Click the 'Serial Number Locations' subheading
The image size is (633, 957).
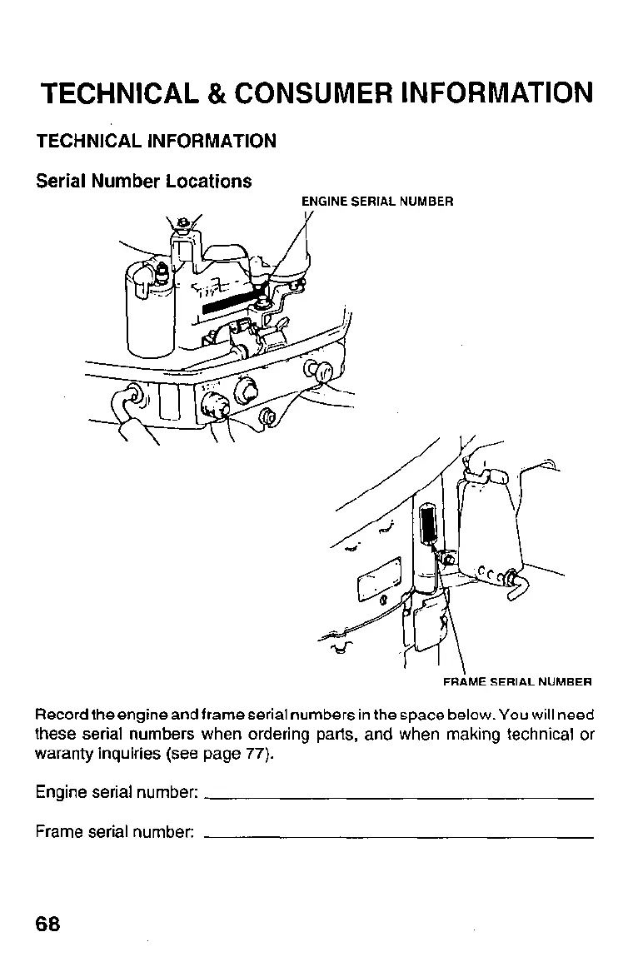pos(143,181)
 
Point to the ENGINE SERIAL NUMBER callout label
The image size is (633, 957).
pos(376,202)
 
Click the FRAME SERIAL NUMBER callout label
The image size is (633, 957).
pos(516,681)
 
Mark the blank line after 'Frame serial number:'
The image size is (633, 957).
pos(398,834)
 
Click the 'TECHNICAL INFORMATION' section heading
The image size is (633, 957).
pos(156,141)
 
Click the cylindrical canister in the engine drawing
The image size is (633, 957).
pos(148,308)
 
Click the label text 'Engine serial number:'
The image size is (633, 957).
pos(116,791)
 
